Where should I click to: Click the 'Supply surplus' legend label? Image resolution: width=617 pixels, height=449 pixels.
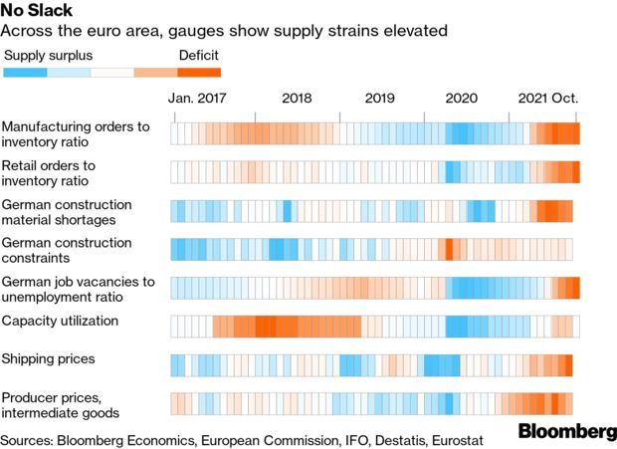tap(48, 55)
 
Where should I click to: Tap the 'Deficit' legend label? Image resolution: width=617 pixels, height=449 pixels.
tap(198, 55)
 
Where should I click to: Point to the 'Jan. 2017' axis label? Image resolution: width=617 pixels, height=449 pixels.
tap(198, 99)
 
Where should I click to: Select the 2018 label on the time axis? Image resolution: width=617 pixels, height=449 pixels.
tap(297, 99)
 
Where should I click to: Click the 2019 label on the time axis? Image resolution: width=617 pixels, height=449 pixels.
tap(380, 99)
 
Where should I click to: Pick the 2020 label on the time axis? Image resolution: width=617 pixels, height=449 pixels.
tap(462, 99)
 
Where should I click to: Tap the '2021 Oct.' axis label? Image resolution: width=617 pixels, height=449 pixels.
tap(547, 99)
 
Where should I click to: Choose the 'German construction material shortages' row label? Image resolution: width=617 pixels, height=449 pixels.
tap(73, 211)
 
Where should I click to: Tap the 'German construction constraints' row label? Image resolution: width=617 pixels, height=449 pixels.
tap(66, 250)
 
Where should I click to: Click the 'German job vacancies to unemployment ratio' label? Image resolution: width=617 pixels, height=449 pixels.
tap(78, 289)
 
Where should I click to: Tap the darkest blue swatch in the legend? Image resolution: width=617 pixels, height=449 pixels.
tap(26, 72)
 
